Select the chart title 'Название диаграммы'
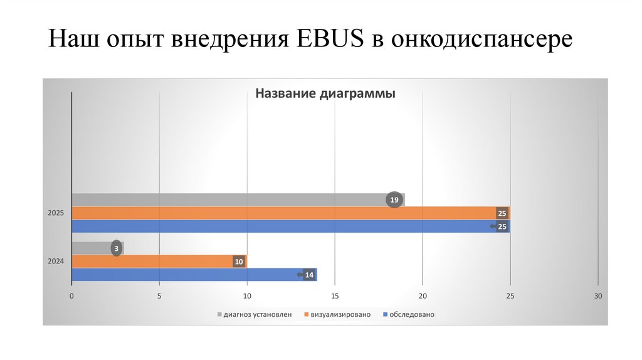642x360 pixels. click(x=325, y=94)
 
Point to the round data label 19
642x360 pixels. click(x=394, y=200)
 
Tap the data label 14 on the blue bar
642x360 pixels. click(x=308, y=275)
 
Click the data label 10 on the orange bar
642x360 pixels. click(x=238, y=262)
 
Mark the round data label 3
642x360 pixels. click(x=116, y=249)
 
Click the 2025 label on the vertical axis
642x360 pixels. click(x=56, y=213)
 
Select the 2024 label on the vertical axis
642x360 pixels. click(x=56, y=262)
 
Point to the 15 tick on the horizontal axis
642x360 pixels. click(x=335, y=296)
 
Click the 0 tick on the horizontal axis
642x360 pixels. click(x=72, y=296)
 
